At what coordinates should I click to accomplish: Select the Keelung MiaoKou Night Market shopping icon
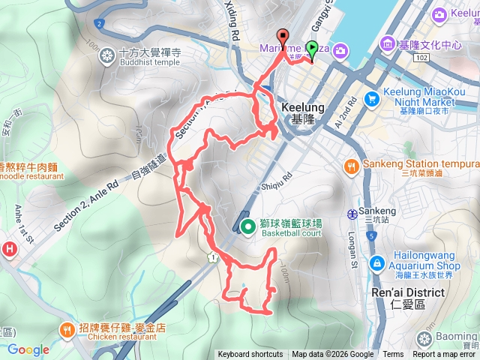coord(371,97)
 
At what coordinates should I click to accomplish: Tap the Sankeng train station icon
coord(352,213)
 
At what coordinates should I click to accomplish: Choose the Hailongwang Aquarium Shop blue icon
coord(376,262)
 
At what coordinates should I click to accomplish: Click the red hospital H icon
coord(9,249)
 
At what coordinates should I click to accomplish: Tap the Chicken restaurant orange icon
coord(68,328)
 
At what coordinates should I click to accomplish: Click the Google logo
coord(28,349)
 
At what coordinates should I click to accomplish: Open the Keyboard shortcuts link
coord(250,355)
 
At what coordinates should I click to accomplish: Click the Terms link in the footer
coord(393,355)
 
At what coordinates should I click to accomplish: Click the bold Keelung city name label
coord(302,107)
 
